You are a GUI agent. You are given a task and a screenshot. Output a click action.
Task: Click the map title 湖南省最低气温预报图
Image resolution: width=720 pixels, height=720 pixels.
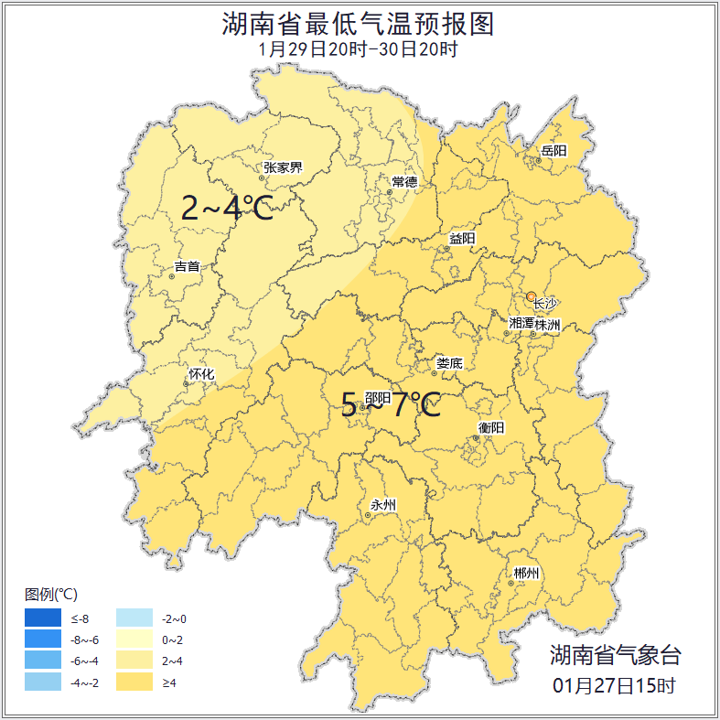tap(359, 24)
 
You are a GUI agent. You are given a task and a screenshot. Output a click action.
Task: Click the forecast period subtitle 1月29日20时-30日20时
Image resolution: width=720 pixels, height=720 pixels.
tap(359, 49)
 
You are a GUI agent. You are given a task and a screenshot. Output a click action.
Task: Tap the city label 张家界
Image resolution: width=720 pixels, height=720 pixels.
tap(283, 167)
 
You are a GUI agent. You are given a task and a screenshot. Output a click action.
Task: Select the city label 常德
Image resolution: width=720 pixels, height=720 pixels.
tap(404, 182)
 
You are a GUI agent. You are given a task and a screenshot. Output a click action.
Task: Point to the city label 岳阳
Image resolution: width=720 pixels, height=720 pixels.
tap(553, 150)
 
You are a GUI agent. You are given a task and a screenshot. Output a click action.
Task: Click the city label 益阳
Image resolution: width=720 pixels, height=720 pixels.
tap(462, 239)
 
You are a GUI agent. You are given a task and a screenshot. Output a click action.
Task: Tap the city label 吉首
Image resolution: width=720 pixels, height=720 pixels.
tap(187, 267)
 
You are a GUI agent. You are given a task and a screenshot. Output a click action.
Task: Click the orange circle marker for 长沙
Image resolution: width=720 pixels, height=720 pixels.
tap(532, 296)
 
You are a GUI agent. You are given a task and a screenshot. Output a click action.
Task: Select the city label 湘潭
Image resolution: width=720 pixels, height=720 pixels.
tap(521, 324)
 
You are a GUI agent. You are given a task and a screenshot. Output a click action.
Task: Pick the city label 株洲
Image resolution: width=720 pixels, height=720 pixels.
tap(548, 324)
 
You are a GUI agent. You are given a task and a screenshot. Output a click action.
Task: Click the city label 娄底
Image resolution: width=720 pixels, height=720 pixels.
tap(449, 363)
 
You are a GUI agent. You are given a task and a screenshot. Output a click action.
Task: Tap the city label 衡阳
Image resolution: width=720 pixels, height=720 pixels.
tap(491, 427)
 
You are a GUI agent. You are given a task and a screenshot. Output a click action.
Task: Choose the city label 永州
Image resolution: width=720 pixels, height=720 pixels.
tap(383, 505)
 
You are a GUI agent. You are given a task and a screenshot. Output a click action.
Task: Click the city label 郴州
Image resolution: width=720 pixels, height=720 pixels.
tap(526, 574)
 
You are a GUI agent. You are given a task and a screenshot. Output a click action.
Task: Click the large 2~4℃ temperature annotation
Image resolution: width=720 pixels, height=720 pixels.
tap(227, 209)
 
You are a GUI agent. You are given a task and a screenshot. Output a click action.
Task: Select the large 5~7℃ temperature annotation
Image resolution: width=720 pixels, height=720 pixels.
tap(391, 404)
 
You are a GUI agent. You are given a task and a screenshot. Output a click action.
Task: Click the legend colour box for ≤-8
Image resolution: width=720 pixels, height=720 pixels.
tap(43, 619)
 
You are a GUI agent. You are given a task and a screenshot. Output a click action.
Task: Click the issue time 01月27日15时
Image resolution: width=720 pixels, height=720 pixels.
tap(615, 684)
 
